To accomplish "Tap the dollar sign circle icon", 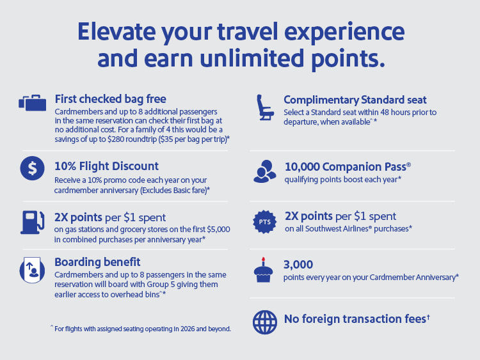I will (x=32, y=168).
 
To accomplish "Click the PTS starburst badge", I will (x=264, y=221).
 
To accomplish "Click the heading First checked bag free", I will (x=110, y=99).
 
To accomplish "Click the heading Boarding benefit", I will (x=97, y=262).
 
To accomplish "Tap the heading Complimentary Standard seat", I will (x=355, y=100).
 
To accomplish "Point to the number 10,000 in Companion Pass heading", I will (x=304, y=166).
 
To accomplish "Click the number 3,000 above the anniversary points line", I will (x=298, y=264).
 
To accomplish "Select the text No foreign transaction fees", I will (x=355, y=318).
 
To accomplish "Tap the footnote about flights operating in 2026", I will (x=140, y=329).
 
